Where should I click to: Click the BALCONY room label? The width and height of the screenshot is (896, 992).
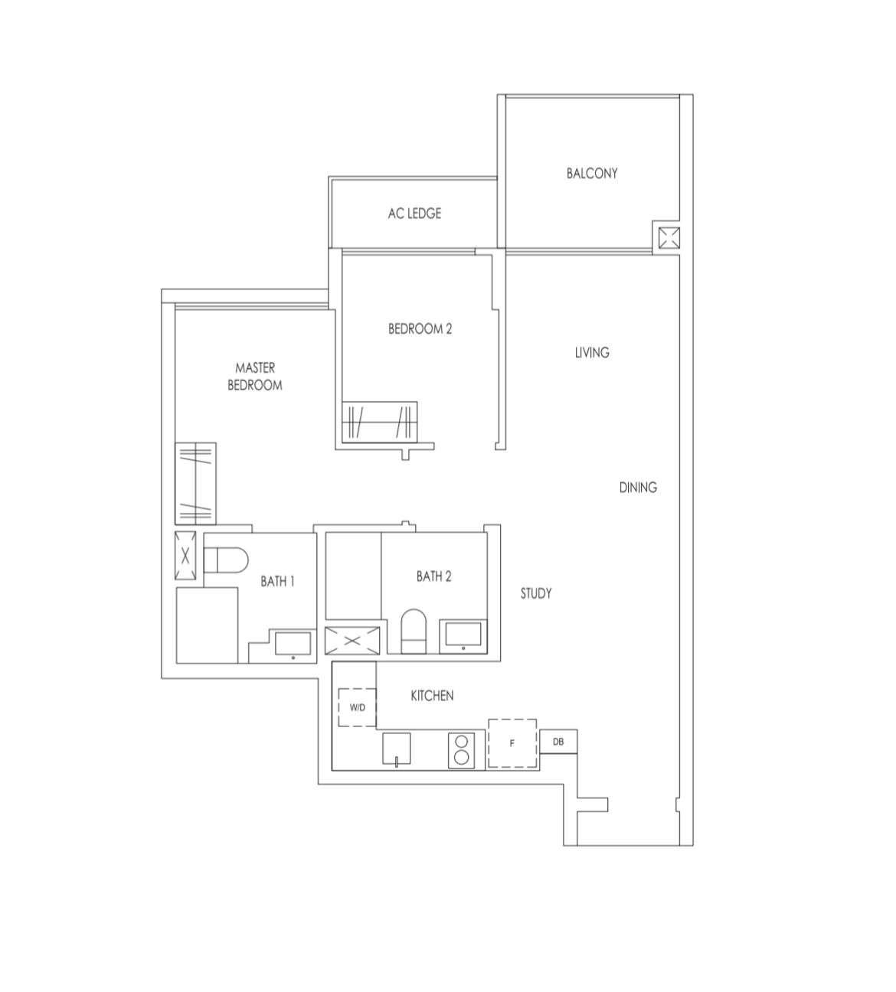pos(592,174)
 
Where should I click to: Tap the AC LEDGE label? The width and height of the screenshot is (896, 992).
pos(414,214)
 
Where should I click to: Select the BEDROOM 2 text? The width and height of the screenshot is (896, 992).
pos(420,329)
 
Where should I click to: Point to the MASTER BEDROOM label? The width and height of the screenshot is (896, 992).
pos(255,377)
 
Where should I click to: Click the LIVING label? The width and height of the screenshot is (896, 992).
pos(592,353)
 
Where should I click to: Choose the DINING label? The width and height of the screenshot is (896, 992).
pos(638,488)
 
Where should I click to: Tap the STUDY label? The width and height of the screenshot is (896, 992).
pos(536,593)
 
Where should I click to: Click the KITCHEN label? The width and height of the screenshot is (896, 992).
pos(432,696)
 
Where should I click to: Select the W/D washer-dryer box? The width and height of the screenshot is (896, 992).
pos(357,708)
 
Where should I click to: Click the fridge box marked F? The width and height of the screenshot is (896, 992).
pos(512,742)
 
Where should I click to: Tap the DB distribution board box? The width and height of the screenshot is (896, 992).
pos(558,741)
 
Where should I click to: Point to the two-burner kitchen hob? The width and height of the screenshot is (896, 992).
pos(461,750)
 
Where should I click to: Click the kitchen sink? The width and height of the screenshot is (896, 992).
pos(396,749)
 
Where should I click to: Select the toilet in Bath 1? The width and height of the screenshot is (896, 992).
pos(226,560)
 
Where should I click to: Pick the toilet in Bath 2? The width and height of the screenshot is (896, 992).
pos(413,631)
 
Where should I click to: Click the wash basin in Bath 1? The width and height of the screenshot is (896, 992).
pos(293,644)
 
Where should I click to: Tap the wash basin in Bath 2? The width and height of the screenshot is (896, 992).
pos(463,636)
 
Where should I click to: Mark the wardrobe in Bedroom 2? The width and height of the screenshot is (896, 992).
pos(380,422)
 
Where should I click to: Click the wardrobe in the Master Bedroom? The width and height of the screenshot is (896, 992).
pos(195,484)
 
